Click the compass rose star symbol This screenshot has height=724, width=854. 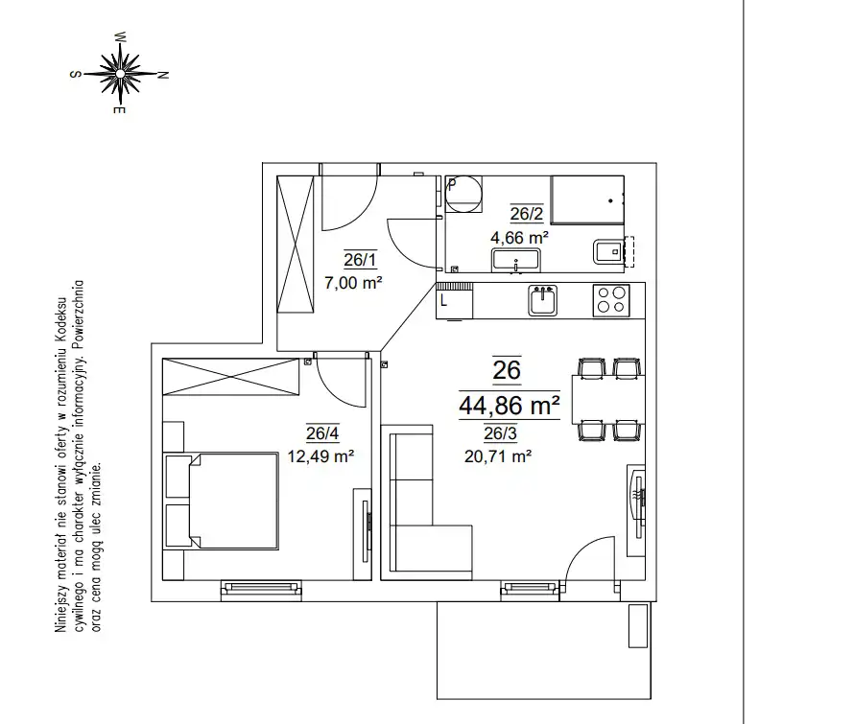120,73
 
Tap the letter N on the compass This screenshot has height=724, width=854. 162,75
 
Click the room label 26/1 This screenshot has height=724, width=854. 360,260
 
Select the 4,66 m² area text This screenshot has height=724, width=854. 519,238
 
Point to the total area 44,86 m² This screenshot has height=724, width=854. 510,405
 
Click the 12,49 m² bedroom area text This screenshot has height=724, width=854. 320,455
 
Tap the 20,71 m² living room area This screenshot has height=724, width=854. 498,455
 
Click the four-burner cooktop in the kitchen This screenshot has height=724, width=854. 611,300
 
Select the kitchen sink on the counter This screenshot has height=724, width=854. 542,300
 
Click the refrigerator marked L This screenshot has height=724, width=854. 454,300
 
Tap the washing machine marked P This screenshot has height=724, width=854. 464,194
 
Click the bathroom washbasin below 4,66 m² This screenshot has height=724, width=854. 516,260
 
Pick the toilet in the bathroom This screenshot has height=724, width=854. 609,251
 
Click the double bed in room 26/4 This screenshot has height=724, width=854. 221,501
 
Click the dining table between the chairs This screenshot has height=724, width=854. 608,400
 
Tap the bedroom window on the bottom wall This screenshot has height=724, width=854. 261,589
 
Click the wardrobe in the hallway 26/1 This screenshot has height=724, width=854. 296,244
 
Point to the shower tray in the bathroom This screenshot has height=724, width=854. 587,199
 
